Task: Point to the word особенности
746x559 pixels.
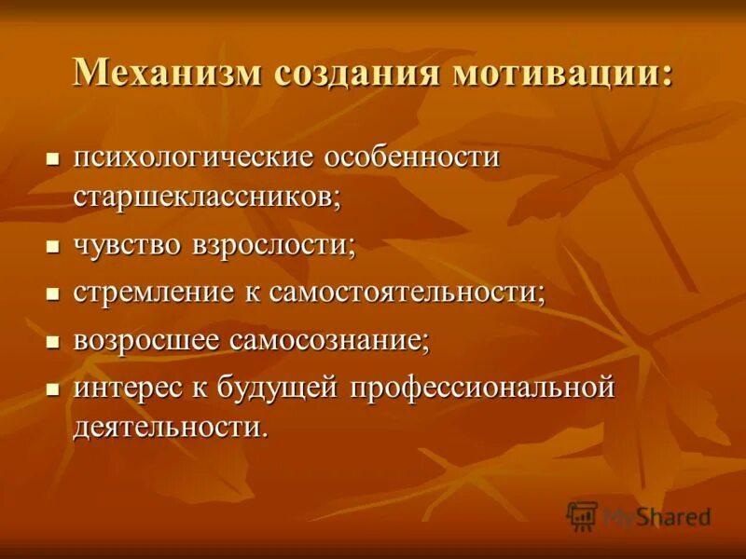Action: [x=411, y=157]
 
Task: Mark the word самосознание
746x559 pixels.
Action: [x=325, y=339]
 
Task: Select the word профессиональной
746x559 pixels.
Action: [x=482, y=386]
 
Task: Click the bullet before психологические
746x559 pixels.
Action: [x=52, y=157]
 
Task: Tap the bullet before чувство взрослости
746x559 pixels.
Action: [x=52, y=247]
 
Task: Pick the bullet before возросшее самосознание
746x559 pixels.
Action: [x=52, y=340]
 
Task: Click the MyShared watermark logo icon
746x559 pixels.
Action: [x=582, y=515]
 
